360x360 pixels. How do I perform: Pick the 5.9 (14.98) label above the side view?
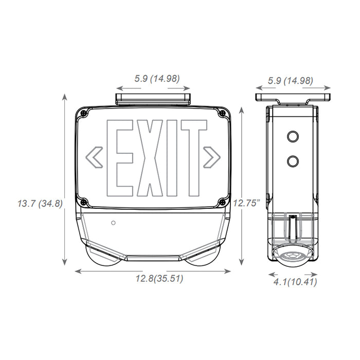pos(292,80)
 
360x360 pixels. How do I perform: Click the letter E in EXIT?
pos(118,159)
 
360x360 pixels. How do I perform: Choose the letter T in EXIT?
pos(193,159)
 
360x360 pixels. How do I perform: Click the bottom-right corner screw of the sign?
pos(222,201)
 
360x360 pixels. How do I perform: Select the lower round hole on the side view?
pos(293,161)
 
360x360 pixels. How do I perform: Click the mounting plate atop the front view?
pos(153,96)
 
